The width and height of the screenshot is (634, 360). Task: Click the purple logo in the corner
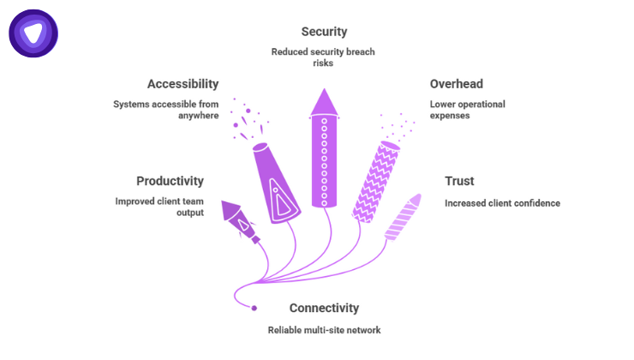33,33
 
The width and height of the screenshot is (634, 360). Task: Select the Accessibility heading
182,84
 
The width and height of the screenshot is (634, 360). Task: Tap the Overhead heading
456,84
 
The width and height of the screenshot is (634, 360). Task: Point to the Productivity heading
170,181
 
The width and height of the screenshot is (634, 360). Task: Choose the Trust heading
459,181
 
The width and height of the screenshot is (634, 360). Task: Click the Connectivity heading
324,308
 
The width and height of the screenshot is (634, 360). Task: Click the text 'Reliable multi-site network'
324,330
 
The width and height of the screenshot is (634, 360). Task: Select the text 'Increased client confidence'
501,203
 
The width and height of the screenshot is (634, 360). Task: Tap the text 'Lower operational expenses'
467,110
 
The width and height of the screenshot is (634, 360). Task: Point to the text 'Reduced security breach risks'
323,57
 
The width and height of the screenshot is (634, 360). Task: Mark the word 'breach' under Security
355,51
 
